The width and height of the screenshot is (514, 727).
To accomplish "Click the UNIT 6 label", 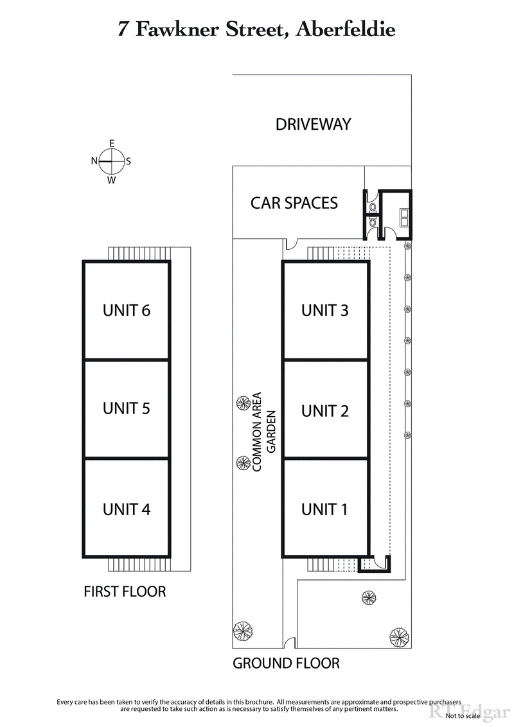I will coord(127,310).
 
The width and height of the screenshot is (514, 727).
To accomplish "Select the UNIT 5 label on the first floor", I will coord(127,408).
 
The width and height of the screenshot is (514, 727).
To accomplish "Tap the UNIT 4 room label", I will coord(127,509).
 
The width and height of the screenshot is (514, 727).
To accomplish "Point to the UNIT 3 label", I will coord(325,310).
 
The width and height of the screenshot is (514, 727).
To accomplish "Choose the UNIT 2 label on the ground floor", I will coord(325,410).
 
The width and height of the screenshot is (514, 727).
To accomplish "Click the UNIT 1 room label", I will coord(325,509).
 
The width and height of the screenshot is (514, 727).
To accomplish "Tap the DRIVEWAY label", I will coord(313,124).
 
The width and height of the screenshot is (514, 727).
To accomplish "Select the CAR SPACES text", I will coord(294,203).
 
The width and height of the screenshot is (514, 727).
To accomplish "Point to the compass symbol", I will coord(111,161).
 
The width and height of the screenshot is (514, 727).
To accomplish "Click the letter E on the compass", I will coord(111,143).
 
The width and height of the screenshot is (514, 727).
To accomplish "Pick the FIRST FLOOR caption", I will coord(125,591).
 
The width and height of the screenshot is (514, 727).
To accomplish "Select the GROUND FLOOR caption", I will coord(286,663).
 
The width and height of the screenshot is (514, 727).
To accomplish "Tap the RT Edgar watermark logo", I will coord(453,711).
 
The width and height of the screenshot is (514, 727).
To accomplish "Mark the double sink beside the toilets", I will coord(404,216).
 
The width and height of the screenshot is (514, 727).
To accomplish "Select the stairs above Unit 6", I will coord(138,253).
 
